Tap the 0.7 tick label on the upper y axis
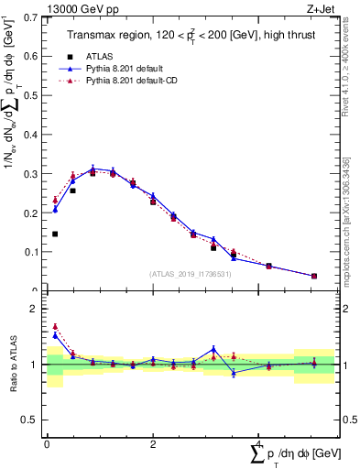(x=32, y=17)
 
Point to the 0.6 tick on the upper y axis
(x=32, y=57)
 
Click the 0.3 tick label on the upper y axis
(x=32, y=174)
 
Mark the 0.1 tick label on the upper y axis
(x=32, y=252)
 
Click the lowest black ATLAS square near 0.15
(x=55, y=234)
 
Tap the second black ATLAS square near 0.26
(x=72, y=191)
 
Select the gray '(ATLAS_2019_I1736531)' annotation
(x=191, y=274)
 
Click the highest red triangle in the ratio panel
(x=55, y=326)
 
